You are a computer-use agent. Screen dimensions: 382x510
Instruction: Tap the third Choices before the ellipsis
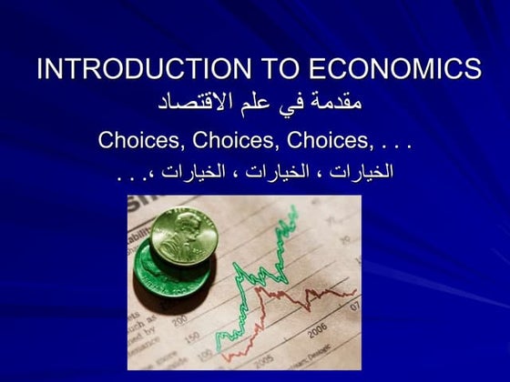tap(324, 141)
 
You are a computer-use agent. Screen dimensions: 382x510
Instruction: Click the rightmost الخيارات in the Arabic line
tap(361, 171)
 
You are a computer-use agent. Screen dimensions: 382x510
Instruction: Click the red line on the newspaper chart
tap(301, 296)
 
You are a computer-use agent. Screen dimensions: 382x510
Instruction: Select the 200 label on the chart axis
tap(179, 318)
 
